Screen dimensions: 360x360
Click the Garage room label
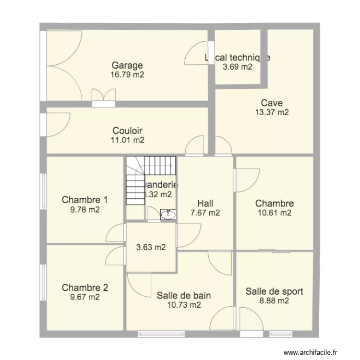(x=127, y=66)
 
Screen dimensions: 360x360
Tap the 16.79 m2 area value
(x=127, y=75)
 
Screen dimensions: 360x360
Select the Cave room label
(x=272, y=103)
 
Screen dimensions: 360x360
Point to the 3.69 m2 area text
(x=237, y=67)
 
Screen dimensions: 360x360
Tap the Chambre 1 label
(x=85, y=200)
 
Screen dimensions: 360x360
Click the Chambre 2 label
(x=85, y=288)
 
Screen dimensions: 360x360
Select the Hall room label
(x=205, y=204)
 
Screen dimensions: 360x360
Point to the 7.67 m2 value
(x=205, y=213)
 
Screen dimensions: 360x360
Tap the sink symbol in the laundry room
(x=168, y=215)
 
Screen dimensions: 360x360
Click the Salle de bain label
(x=184, y=295)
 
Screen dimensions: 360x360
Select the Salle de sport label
(x=274, y=291)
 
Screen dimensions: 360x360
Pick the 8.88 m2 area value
(x=274, y=301)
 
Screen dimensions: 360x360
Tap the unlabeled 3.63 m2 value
(x=151, y=248)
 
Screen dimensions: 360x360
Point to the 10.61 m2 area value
(x=274, y=213)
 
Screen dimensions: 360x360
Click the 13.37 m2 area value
(x=272, y=112)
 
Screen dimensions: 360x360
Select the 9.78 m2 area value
(x=85, y=209)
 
